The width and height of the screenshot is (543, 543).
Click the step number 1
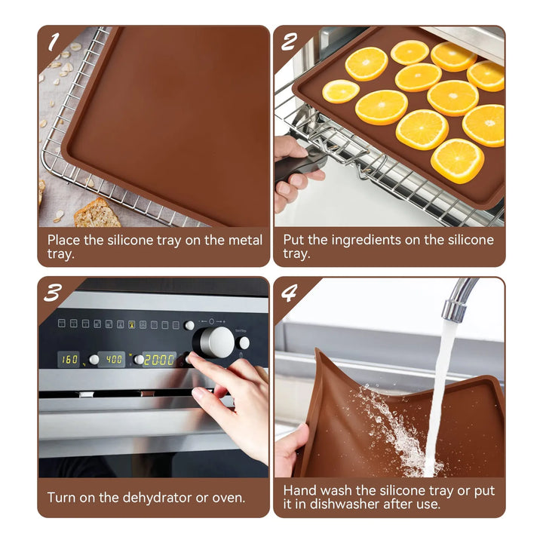[53, 41]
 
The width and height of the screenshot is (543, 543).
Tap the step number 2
[289, 41]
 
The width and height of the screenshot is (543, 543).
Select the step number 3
[53, 293]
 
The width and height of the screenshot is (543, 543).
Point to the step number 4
[289, 293]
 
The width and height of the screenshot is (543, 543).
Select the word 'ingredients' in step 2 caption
[366, 241]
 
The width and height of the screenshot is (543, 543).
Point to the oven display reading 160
[69, 360]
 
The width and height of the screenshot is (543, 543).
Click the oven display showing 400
[112, 360]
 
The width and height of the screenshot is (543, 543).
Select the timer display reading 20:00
[159, 360]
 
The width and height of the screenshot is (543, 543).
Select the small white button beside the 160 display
[94, 360]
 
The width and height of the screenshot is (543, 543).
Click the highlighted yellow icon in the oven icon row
[131, 324]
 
